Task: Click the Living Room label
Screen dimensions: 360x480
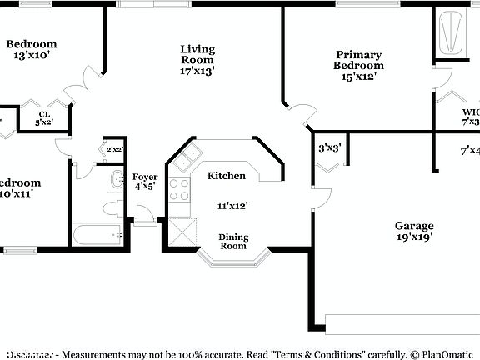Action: click(197, 60)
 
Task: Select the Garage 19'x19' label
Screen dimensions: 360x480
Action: click(413, 231)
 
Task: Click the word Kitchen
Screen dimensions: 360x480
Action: click(227, 176)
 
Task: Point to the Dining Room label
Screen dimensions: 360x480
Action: click(233, 242)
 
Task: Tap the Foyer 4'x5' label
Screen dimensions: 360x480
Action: click(145, 182)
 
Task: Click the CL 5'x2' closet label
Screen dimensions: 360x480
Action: click(42, 118)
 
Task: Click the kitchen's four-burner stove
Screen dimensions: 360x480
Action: click(180, 191)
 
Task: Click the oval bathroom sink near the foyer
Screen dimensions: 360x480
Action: click(114, 178)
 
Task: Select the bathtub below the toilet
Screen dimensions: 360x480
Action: click(98, 235)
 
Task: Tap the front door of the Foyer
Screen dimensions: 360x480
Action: click(146, 219)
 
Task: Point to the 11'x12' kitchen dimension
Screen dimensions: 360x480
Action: click(232, 205)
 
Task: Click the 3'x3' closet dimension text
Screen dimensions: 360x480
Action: click(330, 148)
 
